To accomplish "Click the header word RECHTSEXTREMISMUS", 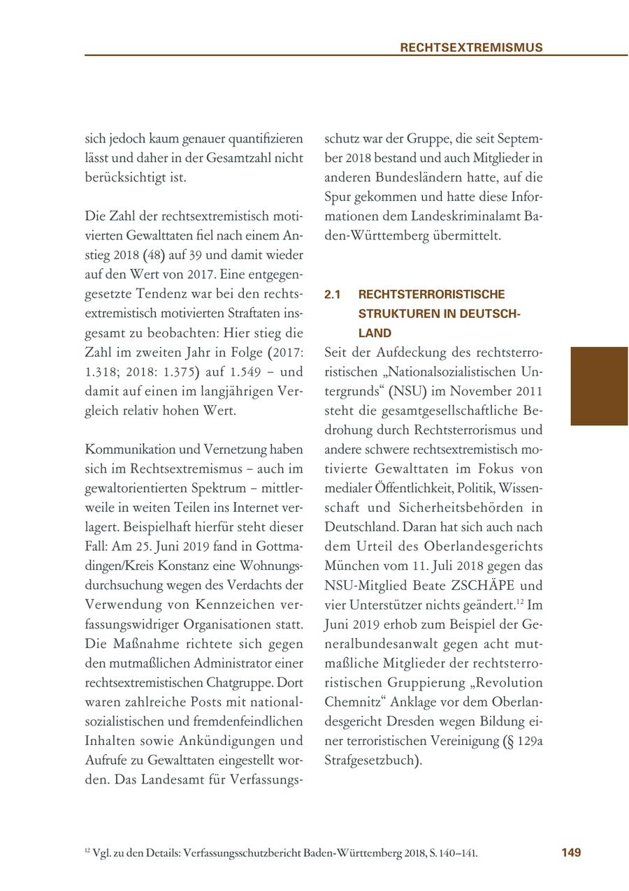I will point(471,47).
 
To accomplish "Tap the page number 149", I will point(571,853).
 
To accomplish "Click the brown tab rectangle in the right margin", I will point(599,386).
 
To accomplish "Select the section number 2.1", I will point(332,295).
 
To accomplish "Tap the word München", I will point(347,566).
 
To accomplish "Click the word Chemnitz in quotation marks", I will point(352,702).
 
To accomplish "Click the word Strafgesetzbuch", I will point(371,760).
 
